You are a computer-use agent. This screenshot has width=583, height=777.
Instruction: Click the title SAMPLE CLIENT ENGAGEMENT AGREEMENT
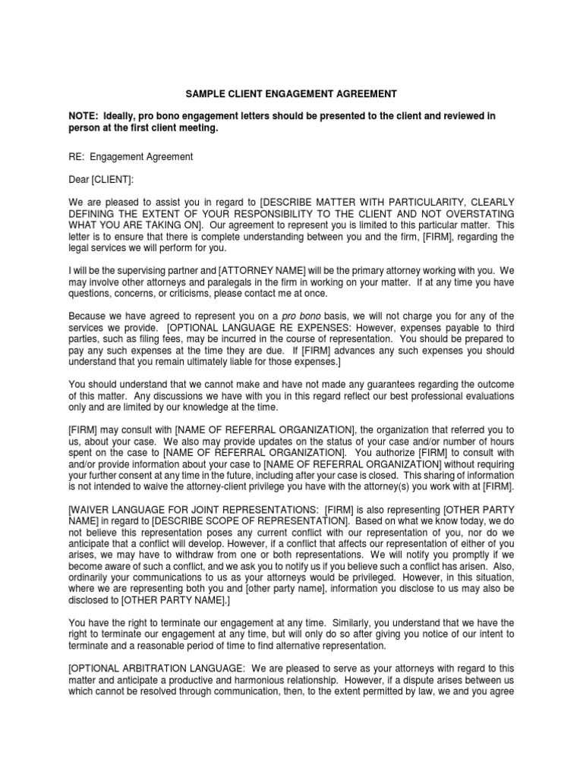(x=291, y=94)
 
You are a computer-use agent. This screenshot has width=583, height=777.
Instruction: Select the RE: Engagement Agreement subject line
(x=131, y=157)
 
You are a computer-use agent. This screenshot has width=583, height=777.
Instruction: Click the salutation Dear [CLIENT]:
(x=100, y=181)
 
